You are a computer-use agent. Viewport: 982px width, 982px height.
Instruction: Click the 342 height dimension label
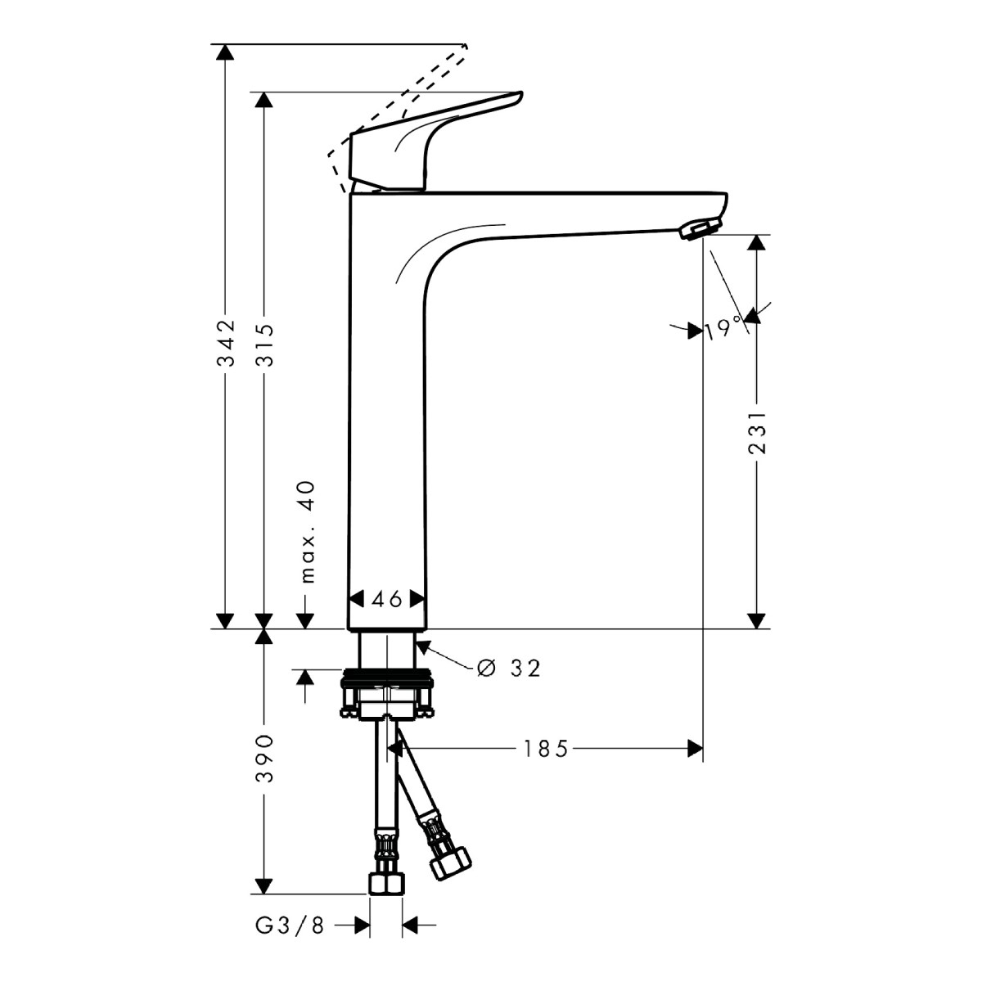click(225, 343)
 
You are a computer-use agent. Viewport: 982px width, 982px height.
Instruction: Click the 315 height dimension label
click(264, 344)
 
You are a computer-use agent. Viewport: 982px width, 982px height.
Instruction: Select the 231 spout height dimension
click(756, 433)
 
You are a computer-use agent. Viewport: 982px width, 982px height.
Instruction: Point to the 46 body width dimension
click(387, 599)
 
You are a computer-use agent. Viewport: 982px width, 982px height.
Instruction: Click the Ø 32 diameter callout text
click(508, 668)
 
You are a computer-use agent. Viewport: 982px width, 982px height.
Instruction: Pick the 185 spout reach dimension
click(545, 749)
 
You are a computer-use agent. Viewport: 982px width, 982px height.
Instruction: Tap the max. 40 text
click(309, 532)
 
